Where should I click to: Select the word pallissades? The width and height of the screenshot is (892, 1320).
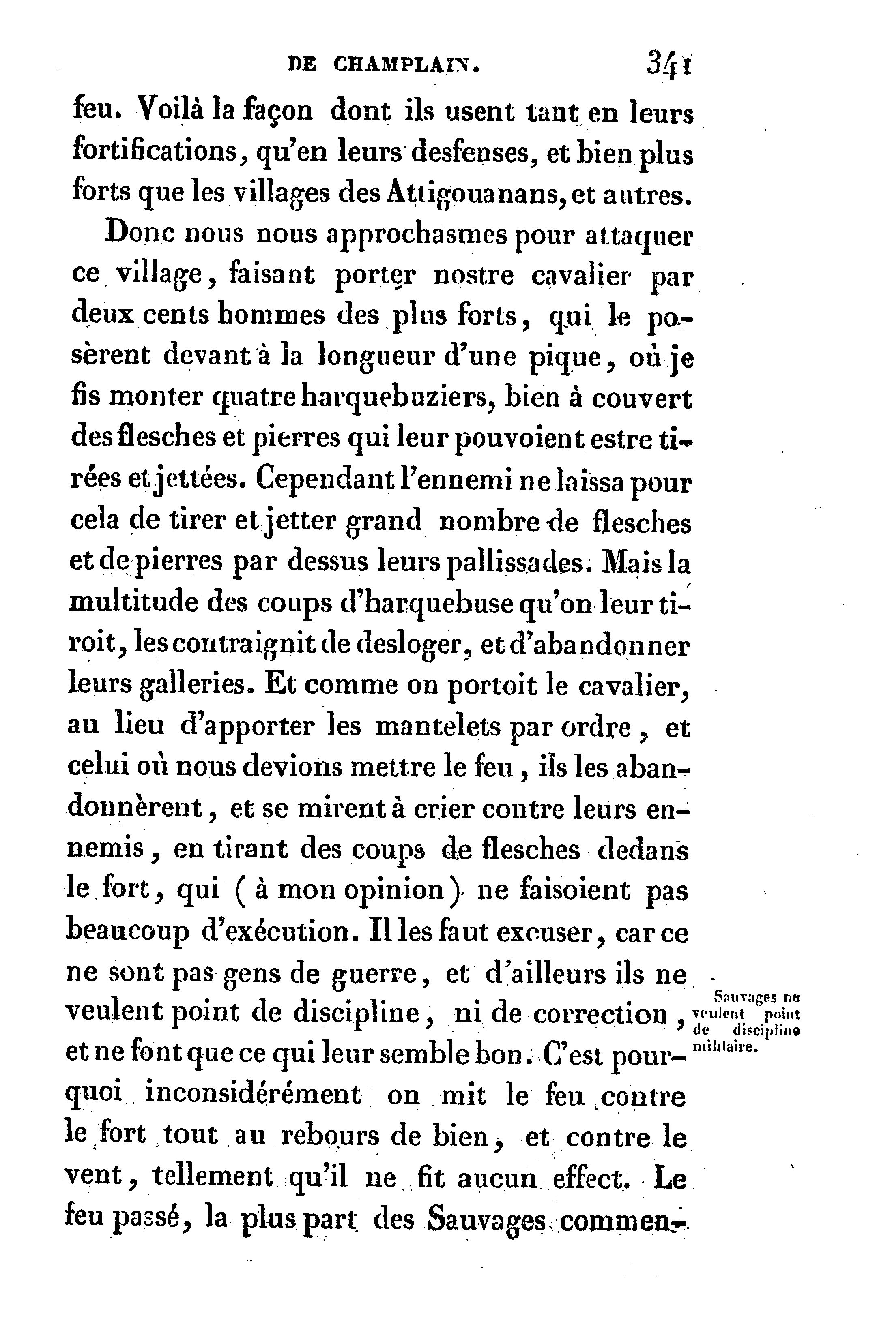(x=517, y=562)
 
